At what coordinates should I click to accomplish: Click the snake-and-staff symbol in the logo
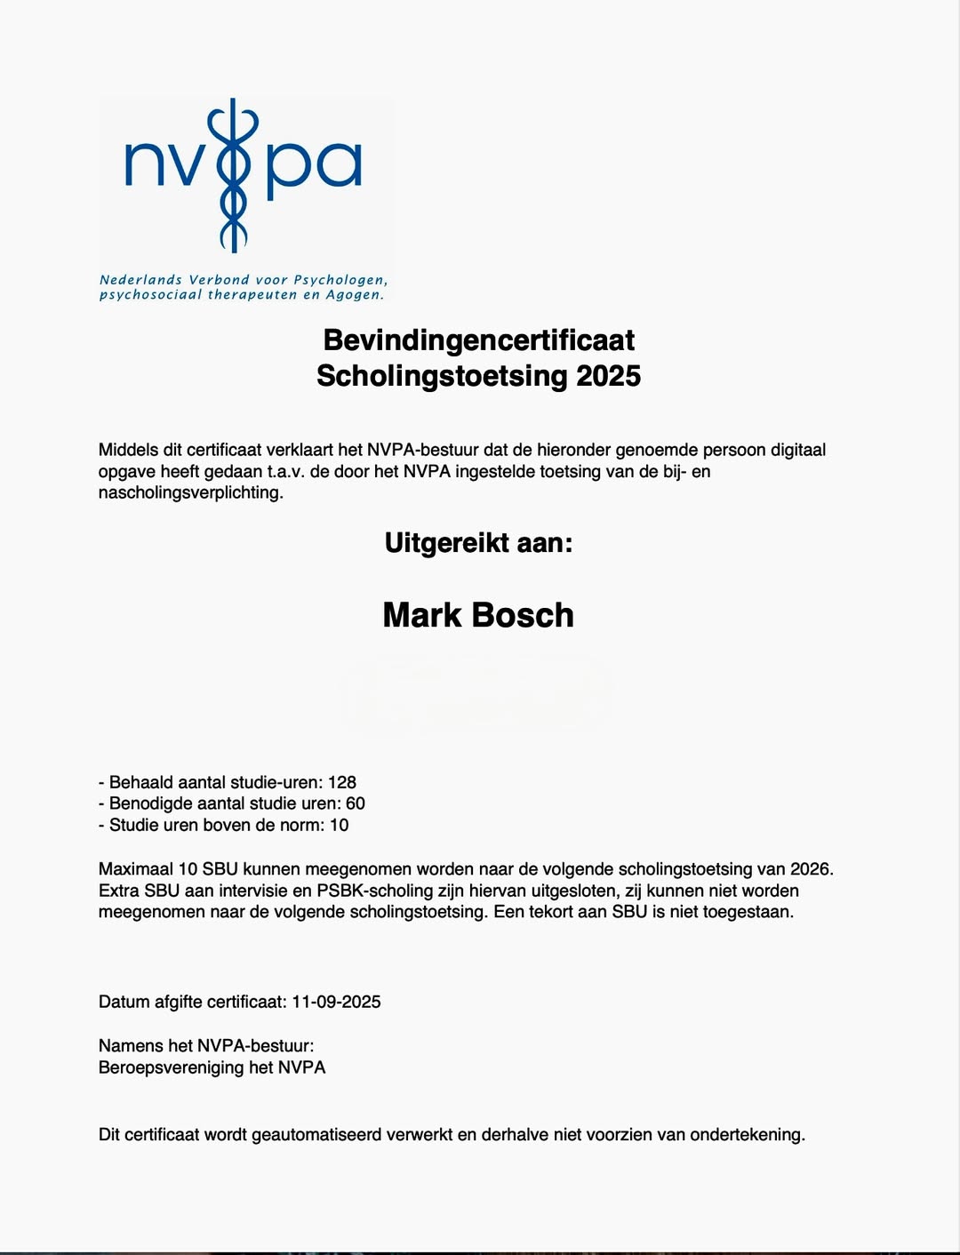coord(233,174)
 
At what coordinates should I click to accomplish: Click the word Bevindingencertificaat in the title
coord(478,340)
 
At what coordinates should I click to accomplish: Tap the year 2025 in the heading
coord(608,376)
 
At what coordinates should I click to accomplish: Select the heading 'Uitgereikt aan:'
coord(478,543)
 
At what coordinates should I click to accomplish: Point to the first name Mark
coord(421,616)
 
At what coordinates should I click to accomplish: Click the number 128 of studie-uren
coord(342,783)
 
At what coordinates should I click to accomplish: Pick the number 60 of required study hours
coord(356,804)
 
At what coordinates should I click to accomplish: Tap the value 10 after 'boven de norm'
coord(340,826)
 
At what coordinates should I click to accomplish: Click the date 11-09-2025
coord(336,1003)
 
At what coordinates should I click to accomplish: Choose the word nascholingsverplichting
coord(190,493)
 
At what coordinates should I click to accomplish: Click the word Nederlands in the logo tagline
coord(140,280)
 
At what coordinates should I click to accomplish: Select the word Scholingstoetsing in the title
coord(442,376)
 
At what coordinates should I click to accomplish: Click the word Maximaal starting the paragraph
coord(136,869)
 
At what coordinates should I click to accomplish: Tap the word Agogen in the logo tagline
coord(355,295)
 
